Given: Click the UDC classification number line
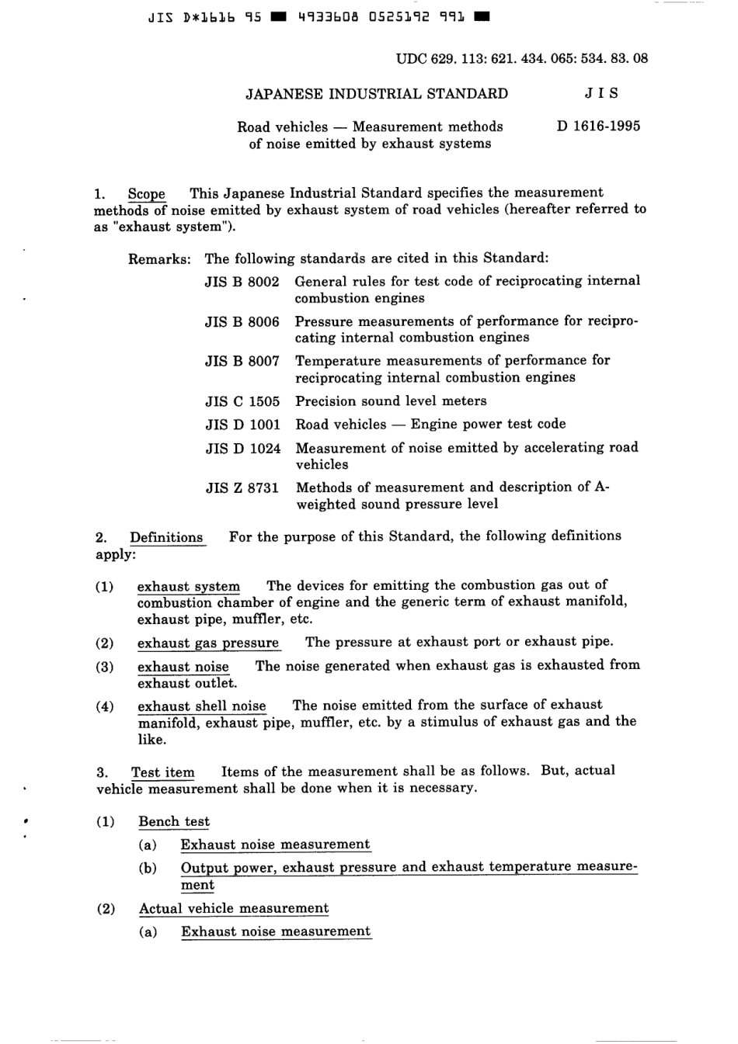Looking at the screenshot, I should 521,58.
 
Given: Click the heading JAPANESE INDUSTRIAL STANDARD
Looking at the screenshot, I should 377,94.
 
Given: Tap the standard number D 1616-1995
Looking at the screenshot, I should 598,126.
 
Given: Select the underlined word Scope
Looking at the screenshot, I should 147,194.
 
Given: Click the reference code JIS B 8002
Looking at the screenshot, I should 242,282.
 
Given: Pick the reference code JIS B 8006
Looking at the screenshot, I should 242,321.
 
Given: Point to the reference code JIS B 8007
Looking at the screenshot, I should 242,361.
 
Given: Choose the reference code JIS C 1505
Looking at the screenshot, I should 242,401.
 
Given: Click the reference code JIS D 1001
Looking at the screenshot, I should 242,425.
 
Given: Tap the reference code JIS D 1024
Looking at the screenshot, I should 242,449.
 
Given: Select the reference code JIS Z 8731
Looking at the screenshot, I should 242,488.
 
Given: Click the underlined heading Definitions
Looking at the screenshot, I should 166,537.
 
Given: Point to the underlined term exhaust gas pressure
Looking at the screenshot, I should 208,643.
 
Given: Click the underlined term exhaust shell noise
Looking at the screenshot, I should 202,706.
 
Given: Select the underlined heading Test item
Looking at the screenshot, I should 163,772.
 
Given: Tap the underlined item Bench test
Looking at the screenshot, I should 174,821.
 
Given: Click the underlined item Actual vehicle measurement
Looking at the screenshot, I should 234,908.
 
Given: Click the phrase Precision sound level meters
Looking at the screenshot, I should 391,401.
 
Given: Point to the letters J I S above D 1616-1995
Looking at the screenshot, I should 601,94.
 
